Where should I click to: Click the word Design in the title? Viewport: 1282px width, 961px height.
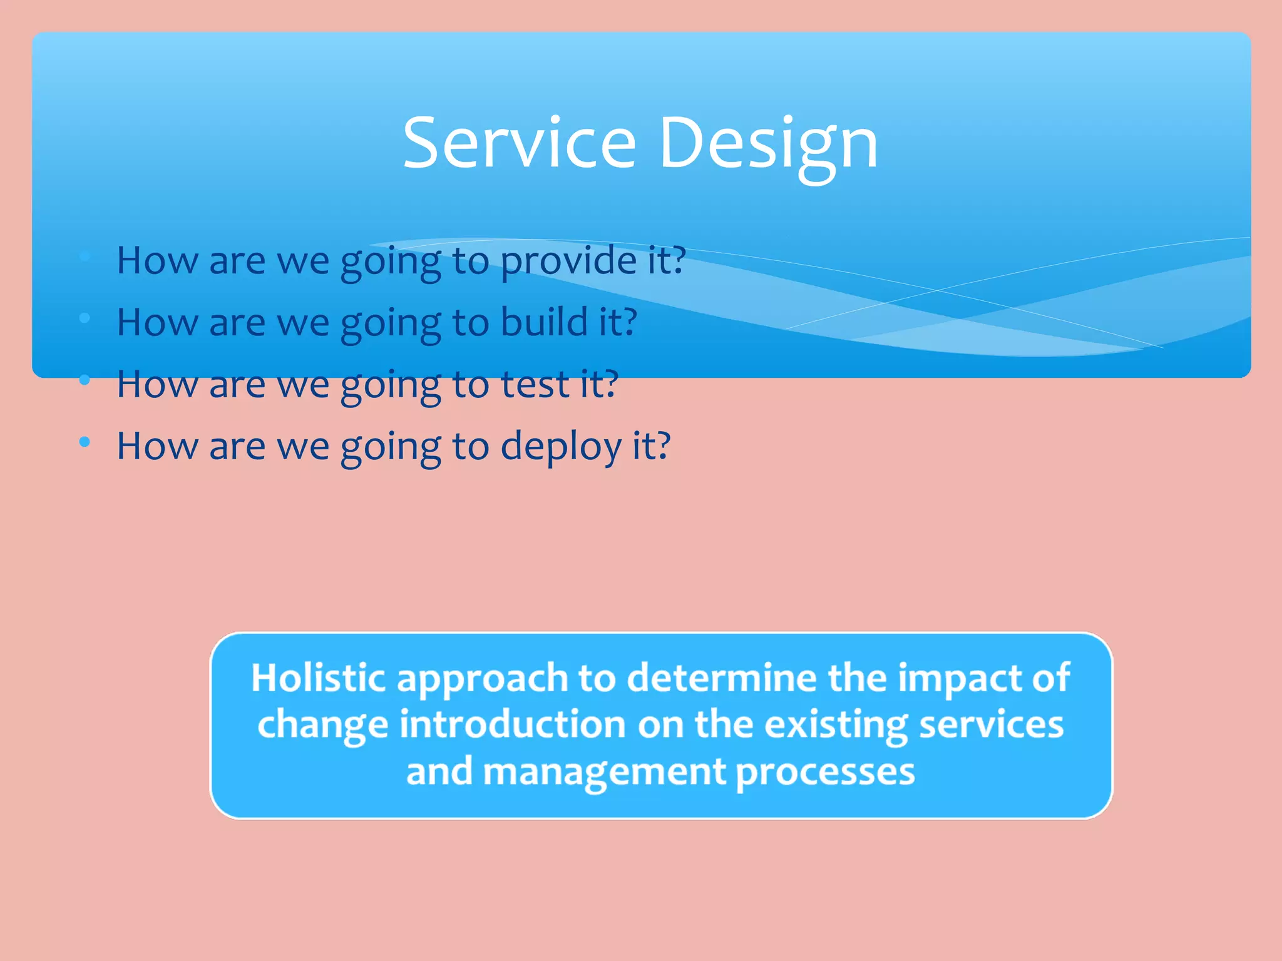tap(768, 144)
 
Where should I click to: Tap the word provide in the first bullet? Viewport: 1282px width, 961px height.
tap(567, 260)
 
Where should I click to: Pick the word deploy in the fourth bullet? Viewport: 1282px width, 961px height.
tap(561, 447)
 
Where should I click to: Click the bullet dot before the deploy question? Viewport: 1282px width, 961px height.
tap(85, 442)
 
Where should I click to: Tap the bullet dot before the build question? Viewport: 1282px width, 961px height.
tap(85, 318)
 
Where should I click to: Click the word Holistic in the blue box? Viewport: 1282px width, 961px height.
tap(317, 678)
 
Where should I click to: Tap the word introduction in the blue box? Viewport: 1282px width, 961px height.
tap(513, 725)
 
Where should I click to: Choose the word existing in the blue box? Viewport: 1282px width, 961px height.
tap(836, 726)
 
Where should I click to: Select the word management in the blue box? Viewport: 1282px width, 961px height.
tap(604, 773)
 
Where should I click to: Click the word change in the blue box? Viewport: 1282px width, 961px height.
tap(322, 726)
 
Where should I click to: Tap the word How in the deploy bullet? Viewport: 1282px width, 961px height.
tap(157, 447)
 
